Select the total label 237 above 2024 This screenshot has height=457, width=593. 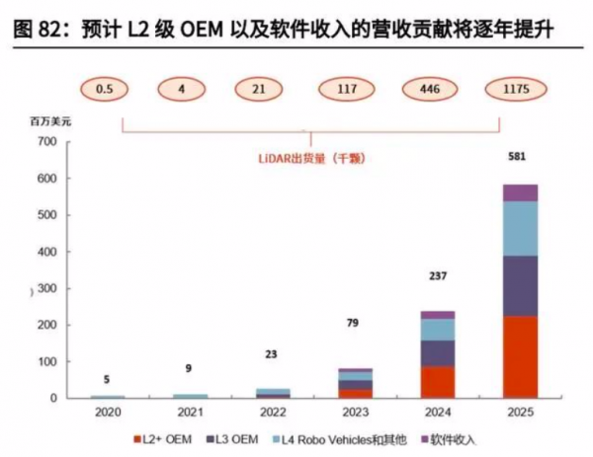(436, 276)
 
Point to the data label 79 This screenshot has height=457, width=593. (353, 323)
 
